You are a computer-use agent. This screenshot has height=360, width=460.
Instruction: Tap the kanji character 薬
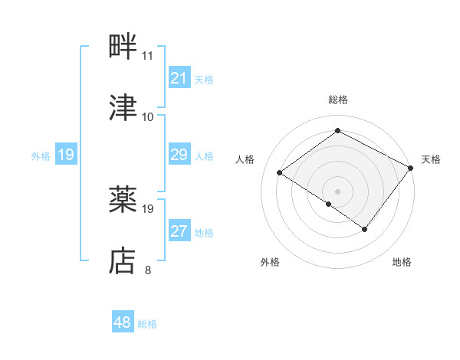point(123,200)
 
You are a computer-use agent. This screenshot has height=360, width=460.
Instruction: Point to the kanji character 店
point(123,261)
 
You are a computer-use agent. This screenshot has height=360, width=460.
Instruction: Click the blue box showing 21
point(179,78)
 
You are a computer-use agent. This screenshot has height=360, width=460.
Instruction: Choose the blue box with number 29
point(179,155)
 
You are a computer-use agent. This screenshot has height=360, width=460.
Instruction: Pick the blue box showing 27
point(179,231)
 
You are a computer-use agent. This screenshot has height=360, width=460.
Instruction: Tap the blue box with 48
point(123,322)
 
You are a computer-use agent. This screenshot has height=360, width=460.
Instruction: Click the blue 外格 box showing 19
point(66,155)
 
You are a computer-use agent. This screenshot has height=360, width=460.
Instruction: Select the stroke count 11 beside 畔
point(147,56)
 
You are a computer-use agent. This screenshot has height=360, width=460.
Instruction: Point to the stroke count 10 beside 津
point(147,117)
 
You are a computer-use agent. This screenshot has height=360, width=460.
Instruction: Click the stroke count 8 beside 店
point(147,270)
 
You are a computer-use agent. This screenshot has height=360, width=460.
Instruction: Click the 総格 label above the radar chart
point(338,100)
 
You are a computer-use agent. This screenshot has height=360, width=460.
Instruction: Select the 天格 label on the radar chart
point(431,159)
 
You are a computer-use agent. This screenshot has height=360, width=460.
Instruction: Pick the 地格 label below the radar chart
point(402,262)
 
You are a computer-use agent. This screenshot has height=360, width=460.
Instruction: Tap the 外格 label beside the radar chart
point(270,262)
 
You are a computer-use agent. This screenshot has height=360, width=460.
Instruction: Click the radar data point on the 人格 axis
point(280,172)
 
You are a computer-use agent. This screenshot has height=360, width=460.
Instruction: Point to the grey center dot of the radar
point(337,191)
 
